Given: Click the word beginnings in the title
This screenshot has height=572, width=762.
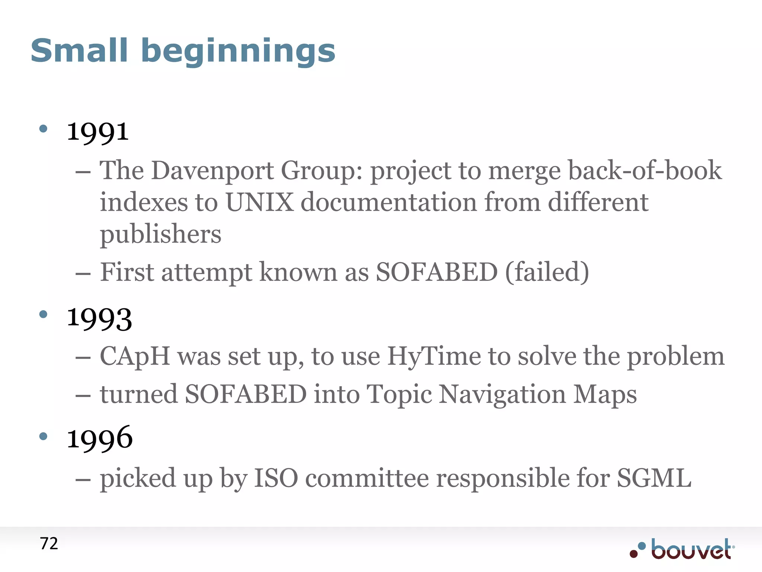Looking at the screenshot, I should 238,52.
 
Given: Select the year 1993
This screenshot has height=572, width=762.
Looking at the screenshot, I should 99,319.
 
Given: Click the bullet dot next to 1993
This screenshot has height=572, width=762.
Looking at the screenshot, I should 43,315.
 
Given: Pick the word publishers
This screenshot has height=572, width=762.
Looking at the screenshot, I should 160,235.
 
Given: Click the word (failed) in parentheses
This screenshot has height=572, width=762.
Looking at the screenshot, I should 547,272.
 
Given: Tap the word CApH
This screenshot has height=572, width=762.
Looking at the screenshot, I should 135,356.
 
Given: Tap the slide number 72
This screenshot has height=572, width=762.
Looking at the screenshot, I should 49,544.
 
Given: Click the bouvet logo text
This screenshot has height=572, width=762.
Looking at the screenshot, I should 691,550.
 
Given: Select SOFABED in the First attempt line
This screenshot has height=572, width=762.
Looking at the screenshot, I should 436,272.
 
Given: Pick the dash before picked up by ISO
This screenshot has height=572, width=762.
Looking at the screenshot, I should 83,479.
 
